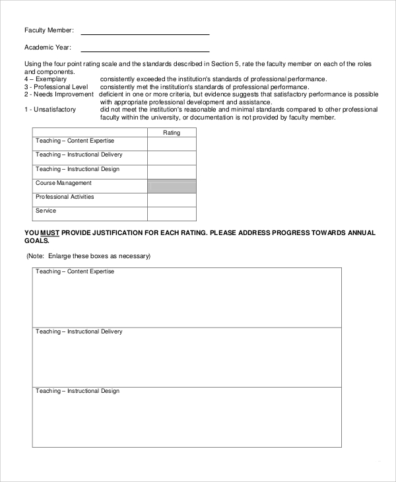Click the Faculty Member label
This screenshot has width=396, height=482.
click(x=49, y=30)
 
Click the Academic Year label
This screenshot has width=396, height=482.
click(x=48, y=48)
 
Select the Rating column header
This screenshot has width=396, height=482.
click(x=172, y=133)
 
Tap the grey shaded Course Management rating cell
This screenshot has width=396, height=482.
click(x=172, y=186)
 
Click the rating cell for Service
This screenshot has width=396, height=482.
click(x=172, y=214)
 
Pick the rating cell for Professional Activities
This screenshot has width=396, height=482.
click(x=172, y=200)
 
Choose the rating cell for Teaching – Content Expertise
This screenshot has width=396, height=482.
click(x=172, y=144)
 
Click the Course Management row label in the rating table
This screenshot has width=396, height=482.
click(x=63, y=183)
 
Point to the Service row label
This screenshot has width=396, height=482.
click(x=46, y=211)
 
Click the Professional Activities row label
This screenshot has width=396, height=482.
click(x=65, y=197)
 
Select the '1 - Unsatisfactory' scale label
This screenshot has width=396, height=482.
click(x=50, y=110)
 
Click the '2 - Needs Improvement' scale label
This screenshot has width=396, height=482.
click(x=59, y=94)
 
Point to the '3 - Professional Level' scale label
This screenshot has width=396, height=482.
click(x=56, y=86)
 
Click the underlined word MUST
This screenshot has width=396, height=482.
click(x=50, y=233)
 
